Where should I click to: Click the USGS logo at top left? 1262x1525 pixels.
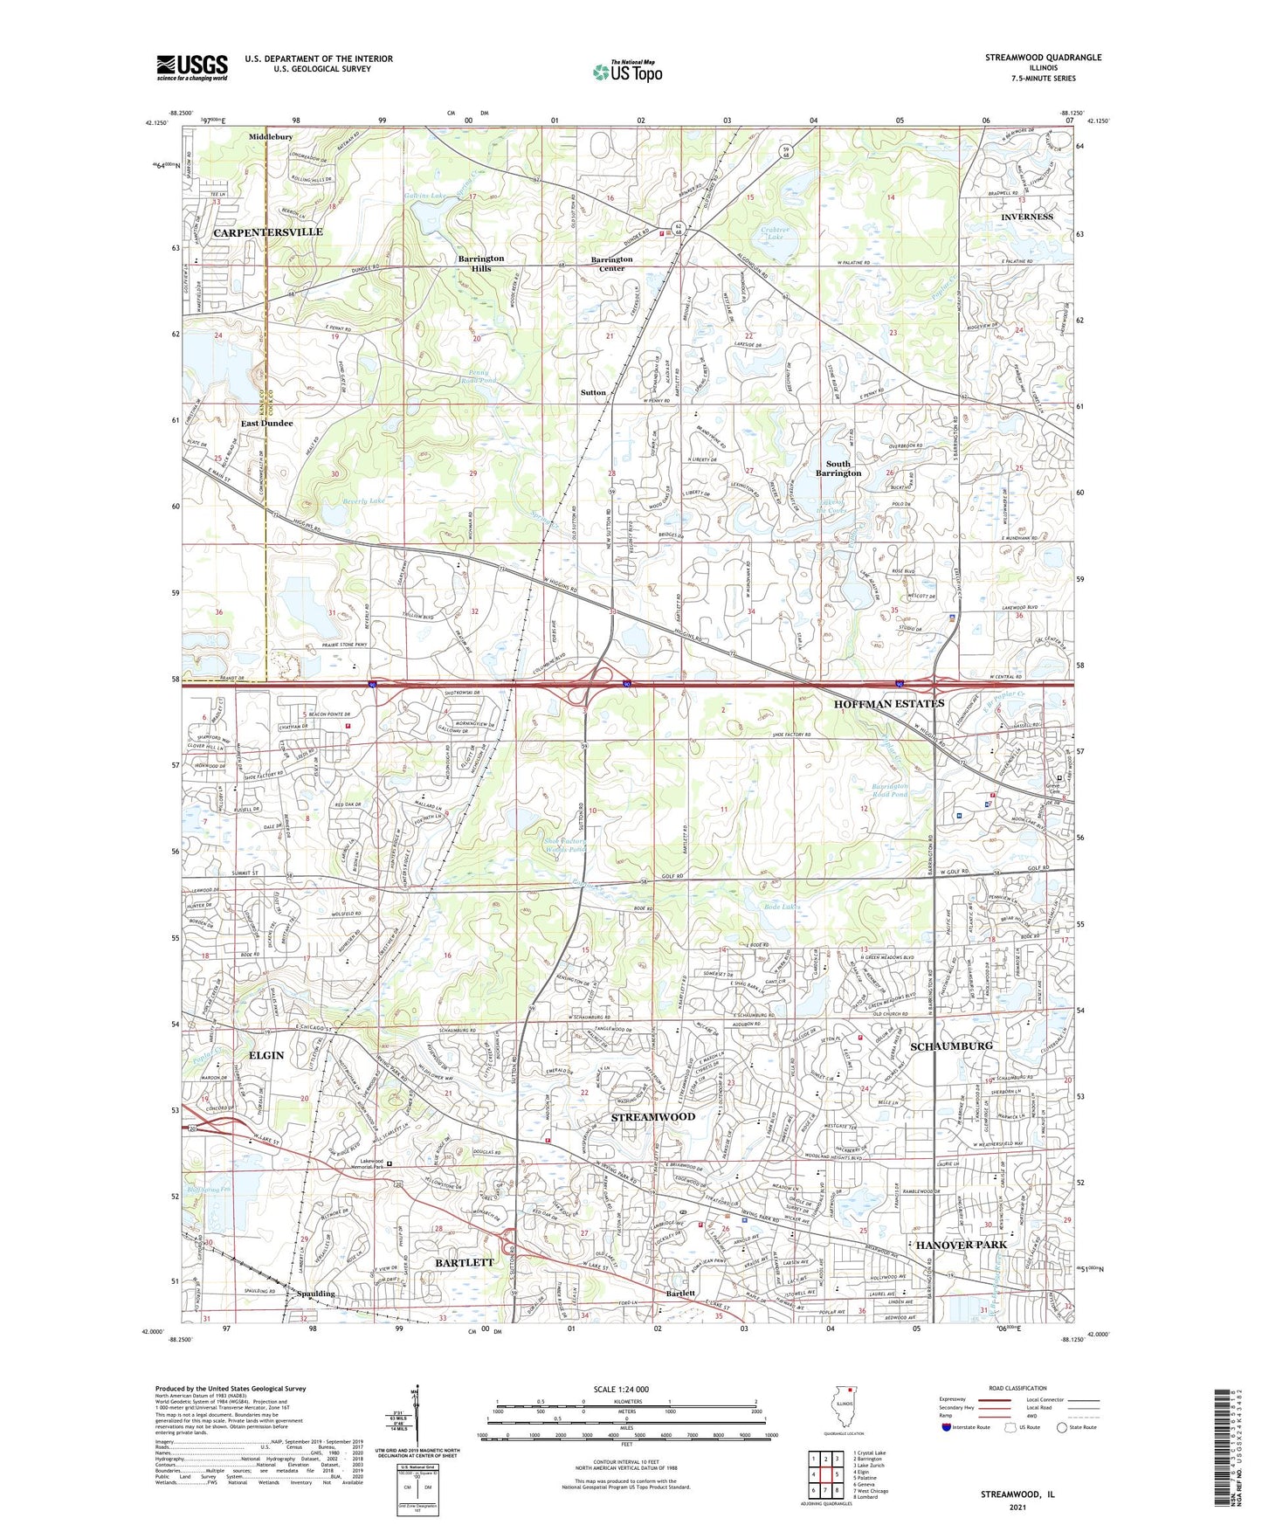[192, 67]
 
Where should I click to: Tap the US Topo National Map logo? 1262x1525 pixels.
[627, 72]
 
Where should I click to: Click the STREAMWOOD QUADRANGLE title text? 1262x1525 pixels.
[1043, 58]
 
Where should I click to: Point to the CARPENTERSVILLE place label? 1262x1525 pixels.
[268, 232]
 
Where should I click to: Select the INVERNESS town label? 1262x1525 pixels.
[1027, 217]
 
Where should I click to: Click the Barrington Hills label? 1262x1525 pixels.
[481, 263]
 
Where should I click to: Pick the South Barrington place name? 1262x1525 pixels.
[838, 468]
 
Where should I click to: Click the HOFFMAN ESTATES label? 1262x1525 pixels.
[889, 703]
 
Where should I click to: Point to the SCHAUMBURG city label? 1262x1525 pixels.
[951, 1045]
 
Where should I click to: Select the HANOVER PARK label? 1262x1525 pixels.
[961, 1244]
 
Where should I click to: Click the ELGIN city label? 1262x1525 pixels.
[266, 1055]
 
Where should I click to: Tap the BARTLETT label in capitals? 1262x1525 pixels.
[465, 1262]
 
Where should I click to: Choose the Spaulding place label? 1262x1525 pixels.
[316, 1294]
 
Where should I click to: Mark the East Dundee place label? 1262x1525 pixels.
[267, 423]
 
